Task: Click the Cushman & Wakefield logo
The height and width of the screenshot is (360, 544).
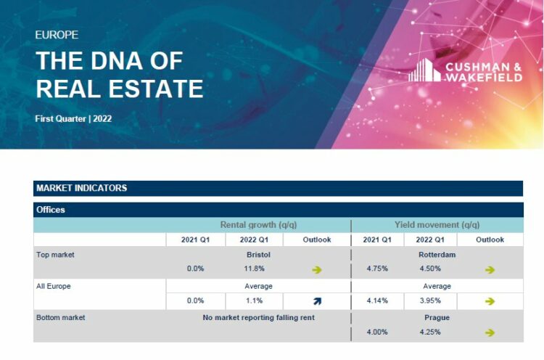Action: click(465, 71)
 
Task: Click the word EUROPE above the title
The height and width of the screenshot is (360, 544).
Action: click(57, 35)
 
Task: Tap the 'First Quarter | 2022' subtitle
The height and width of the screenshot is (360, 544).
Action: click(73, 118)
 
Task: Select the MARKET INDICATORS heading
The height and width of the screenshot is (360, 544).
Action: click(81, 188)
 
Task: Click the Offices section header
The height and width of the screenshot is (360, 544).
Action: click(51, 210)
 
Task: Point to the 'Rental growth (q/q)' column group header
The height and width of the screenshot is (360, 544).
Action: click(258, 225)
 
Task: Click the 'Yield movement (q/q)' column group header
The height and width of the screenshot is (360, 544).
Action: click(437, 225)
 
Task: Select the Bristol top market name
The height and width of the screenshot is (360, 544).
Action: click(258, 255)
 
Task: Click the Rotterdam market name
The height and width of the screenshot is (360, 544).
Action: click(437, 255)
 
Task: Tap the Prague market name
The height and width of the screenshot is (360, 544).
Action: click(437, 318)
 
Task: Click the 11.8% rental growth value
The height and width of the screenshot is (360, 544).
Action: click(253, 269)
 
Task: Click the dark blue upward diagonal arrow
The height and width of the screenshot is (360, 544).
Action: click(317, 301)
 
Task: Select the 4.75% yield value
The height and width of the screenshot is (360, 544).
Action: click(377, 269)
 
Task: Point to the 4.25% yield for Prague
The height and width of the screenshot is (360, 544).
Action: click(429, 332)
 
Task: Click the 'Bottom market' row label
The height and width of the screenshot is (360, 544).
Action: click(60, 318)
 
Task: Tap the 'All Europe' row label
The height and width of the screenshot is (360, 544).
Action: click(54, 286)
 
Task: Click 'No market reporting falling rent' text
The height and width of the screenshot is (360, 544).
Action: click(258, 318)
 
